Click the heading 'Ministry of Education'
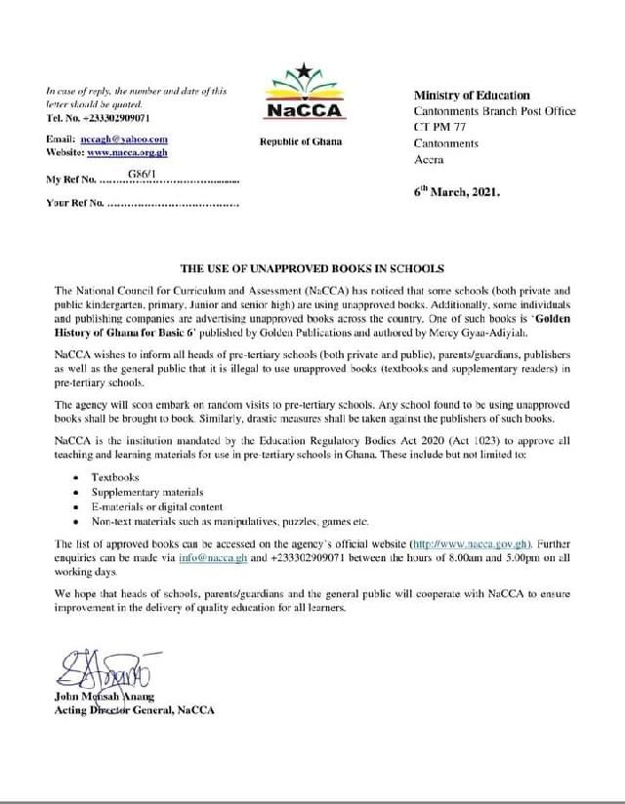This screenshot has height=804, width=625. pyautogui.click(x=472, y=95)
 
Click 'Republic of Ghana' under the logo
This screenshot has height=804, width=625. pyautogui.click(x=300, y=142)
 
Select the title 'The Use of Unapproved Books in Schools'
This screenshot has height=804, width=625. pyautogui.click(x=311, y=268)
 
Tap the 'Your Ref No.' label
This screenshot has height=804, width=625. pyautogui.click(x=74, y=204)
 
